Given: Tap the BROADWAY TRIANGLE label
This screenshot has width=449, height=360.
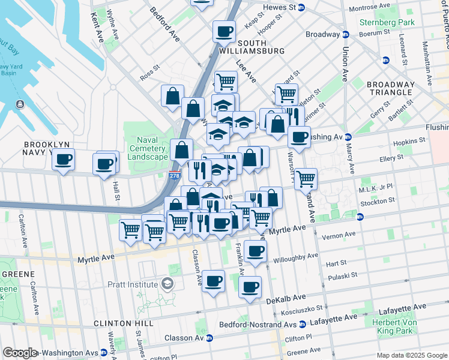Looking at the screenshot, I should pos(391,90).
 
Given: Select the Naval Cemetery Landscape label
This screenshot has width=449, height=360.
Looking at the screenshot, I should pos(148,148).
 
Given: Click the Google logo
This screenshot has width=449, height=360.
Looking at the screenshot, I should pos(20,353).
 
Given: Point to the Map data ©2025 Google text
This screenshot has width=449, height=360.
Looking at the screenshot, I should pos(411,355).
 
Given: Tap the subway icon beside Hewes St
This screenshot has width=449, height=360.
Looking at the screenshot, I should pos(301,8).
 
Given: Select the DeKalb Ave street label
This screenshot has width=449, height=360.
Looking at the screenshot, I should pos(288,298).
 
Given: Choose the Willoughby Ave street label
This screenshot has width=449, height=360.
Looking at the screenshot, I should pos(296,258).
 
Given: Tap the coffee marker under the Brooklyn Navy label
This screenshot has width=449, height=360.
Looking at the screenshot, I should pos(63,160).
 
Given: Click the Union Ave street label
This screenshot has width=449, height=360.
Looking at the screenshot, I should pos(345,64).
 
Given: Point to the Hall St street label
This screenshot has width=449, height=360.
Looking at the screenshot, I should pos(115,190).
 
